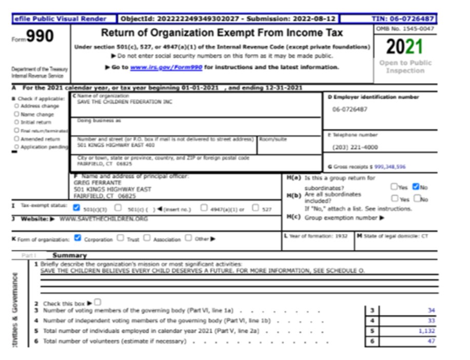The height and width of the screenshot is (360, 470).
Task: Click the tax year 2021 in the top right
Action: [404, 47]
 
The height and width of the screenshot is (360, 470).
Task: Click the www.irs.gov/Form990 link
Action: [166, 67]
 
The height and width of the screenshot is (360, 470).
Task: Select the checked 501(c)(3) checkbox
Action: [77, 208]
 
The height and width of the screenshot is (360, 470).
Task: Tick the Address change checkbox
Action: [16, 106]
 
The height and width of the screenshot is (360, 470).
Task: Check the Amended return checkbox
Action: [16, 138]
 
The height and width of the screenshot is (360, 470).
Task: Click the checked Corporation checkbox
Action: [78, 238]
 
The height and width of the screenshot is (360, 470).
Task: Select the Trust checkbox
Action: [120, 238]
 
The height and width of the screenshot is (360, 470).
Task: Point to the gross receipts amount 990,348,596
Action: [390, 167]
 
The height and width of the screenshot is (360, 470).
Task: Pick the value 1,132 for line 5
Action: [426, 331]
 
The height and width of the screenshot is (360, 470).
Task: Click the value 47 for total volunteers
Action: [430, 341]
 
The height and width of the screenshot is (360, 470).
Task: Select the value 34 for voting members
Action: [430, 310]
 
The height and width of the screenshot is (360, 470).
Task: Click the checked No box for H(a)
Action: [416, 187]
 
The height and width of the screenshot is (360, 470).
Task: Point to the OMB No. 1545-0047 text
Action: [405, 29]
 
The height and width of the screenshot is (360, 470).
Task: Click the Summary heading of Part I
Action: [69, 255]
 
